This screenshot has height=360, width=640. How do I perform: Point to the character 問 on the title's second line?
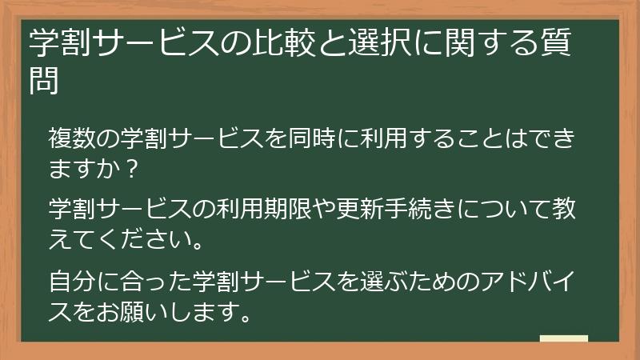pyautogui.click(x=44, y=82)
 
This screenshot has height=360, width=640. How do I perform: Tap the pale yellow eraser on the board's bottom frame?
pyautogui.click(x=564, y=338)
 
